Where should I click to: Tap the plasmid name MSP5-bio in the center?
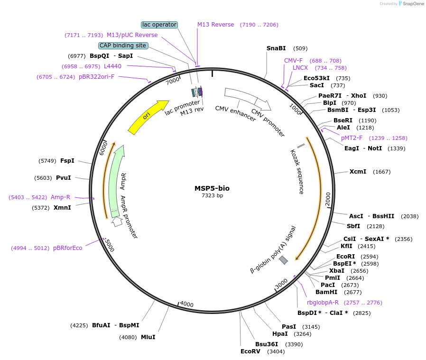pos(212,188)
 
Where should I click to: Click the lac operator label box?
pos(159,25)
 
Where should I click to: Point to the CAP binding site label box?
pos(123,46)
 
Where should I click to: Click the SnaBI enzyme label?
pos(276,48)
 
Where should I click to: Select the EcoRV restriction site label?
pos(250,351)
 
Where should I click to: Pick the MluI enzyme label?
pos(148,337)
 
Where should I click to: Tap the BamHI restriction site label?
pos(326,292)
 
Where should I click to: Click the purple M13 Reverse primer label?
pos(216,25)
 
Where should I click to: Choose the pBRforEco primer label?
pos(67,248)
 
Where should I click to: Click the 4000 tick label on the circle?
pos(187,304)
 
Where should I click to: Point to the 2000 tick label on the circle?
pos(328,199)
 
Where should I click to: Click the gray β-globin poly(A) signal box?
pos(283,260)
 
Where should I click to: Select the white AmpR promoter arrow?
pos(117,222)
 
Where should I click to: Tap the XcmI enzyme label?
pos(358,172)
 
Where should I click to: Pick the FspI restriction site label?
pos(67,161)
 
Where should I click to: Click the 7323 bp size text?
pos(212,195)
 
